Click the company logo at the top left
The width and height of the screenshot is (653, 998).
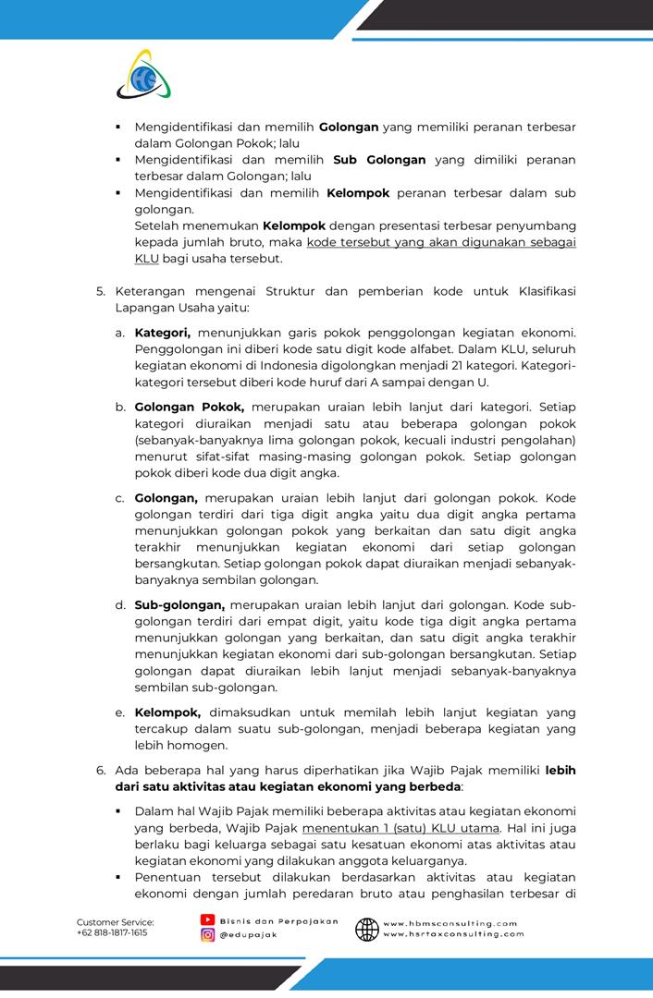(144, 76)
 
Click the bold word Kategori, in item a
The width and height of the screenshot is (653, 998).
(162, 332)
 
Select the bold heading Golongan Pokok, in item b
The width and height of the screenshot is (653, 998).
(190, 407)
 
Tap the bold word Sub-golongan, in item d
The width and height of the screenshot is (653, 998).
(179, 604)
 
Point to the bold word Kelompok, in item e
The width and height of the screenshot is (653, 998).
(167, 712)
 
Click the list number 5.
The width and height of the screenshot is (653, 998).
(101, 291)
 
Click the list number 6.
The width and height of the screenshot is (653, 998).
(101, 770)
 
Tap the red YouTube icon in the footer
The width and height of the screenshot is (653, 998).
(208, 920)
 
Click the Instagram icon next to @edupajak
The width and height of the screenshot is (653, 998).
(208, 935)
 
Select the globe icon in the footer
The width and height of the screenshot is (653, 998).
(367, 929)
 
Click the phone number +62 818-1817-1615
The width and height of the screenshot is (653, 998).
(111, 933)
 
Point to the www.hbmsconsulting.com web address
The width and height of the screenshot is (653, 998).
(450, 922)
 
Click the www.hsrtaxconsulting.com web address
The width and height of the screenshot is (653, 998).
(453, 934)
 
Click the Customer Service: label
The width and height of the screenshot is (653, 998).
(115, 922)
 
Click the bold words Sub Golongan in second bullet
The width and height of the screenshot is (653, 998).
(379, 160)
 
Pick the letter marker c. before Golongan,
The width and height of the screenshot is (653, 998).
(120, 498)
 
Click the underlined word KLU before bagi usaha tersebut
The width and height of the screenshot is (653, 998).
(146, 259)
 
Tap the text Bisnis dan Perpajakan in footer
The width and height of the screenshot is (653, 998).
(278, 921)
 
